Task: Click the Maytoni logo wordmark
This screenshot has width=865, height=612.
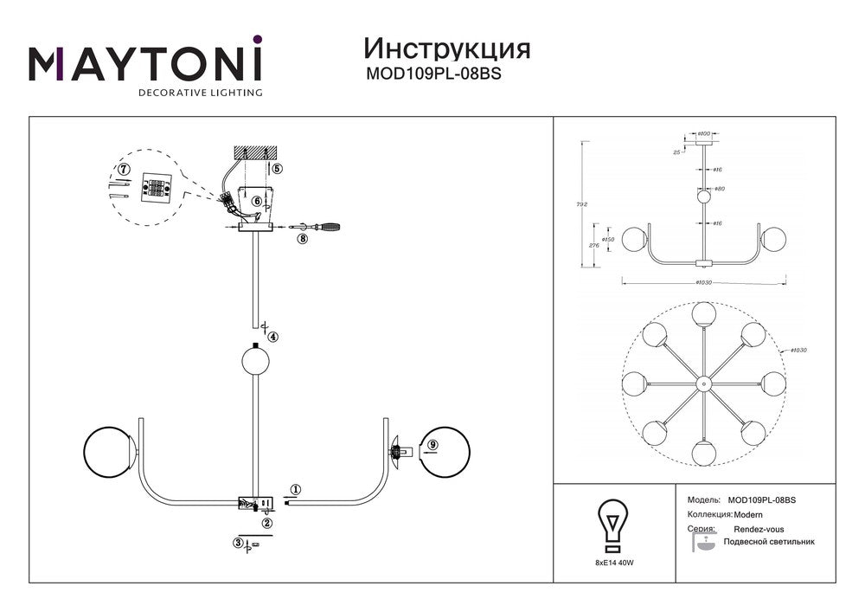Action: coord(145,62)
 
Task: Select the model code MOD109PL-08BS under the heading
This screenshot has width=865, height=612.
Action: coord(434,74)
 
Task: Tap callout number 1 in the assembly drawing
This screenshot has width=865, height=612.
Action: coord(296,489)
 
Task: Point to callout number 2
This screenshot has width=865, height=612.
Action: coord(267,522)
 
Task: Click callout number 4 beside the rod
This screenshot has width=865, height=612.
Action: coord(272,337)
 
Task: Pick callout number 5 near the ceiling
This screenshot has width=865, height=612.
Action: coord(277,169)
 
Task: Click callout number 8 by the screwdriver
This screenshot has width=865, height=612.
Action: coord(302,238)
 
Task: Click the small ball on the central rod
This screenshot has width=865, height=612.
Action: coord(255,359)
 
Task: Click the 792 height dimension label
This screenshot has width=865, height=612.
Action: coord(583,204)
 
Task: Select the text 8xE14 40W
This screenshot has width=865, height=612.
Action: coord(613,563)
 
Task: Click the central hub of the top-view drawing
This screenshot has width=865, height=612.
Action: coord(702,382)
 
